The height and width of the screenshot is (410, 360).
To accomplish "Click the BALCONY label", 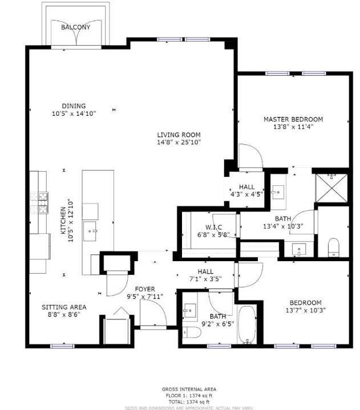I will point(75,27).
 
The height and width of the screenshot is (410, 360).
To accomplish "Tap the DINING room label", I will point(74,105).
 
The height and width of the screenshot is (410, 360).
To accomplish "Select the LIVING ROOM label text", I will point(179,135).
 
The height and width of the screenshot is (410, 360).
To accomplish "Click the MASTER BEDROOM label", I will point(293,119).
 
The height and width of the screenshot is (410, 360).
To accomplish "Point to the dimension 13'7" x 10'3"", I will point(305,310).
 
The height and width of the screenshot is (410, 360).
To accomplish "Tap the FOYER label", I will point(145,289).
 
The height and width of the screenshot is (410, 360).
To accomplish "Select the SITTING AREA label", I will point(64,307).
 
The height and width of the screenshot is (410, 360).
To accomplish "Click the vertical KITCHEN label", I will point(64,221).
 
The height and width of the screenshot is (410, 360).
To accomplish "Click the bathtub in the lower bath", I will point(247,326).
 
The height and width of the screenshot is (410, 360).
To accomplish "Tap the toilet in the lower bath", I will point(192,332).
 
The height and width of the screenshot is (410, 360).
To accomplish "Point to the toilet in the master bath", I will point(334,247).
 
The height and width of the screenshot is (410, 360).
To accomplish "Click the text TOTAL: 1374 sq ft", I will point(189,401).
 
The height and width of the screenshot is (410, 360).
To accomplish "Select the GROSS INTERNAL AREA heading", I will point(189,389).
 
